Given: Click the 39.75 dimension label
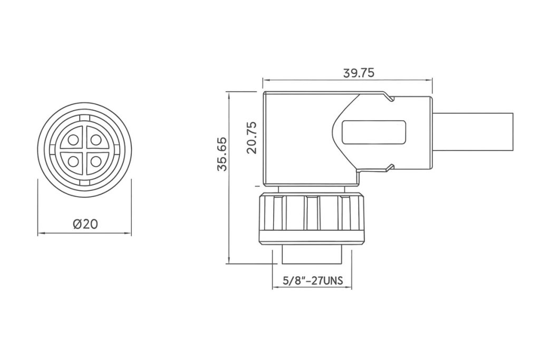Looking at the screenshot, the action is pyautogui.click(x=359, y=73).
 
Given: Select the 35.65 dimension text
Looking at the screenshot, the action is pyautogui.click(x=223, y=154).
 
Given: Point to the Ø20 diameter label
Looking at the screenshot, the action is pyautogui.click(x=85, y=224).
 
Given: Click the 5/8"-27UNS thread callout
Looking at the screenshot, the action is pyautogui.click(x=313, y=281).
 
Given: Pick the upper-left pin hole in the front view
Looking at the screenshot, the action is pyautogui.click(x=73, y=140).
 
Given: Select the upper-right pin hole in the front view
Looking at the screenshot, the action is pyautogui.click(x=96, y=140).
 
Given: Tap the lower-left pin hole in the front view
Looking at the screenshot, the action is pyautogui.click(x=73, y=161).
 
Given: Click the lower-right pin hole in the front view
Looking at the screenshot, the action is pyautogui.click(x=96, y=161).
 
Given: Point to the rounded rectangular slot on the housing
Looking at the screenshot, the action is pyautogui.click(x=374, y=132).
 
